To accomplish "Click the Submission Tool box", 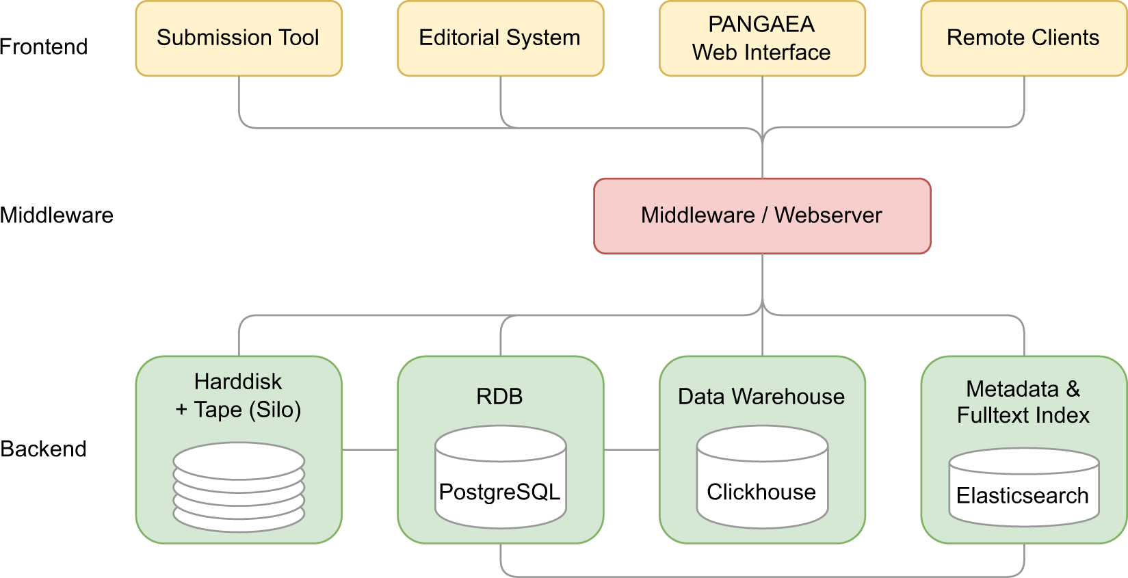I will pyautogui.click(x=238, y=38).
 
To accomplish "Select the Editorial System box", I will pyautogui.click(x=500, y=38).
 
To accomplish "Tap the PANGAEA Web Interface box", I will pyautogui.click(x=762, y=38).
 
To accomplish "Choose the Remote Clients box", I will pyautogui.click(x=1023, y=38).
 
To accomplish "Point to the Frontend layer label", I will pyautogui.click(x=44, y=47).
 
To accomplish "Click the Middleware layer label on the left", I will pyautogui.click(x=57, y=215).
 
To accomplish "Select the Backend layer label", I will pyautogui.click(x=44, y=449).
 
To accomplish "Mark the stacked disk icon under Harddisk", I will pyautogui.click(x=239, y=487).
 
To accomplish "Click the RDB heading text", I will pyautogui.click(x=500, y=397).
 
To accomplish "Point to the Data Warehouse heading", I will pyautogui.click(x=761, y=397).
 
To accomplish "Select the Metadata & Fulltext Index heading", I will pyautogui.click(x=1023, y=402).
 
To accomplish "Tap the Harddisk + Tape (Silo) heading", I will pyautogui.click(x=238, y=395).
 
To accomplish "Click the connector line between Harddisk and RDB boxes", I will pyautogui.click(x=369, y=449).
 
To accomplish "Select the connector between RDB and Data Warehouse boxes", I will pyautogui.click(x=631, y=449).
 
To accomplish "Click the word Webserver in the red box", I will pyautogui.click(x=828, y=215).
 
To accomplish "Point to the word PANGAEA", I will pyautogui.click(x=761, y=25).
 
